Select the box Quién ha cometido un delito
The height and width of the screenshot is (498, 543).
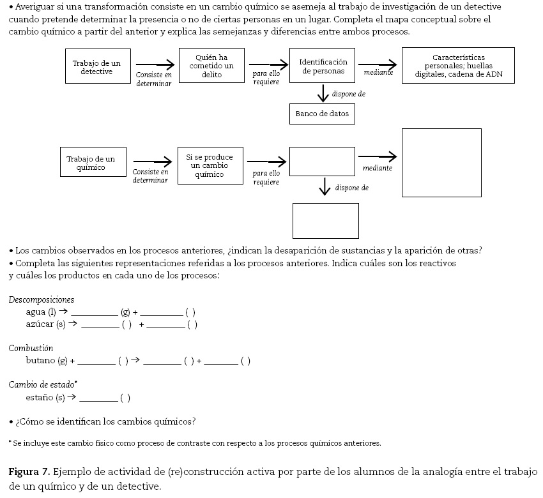click(211, 66)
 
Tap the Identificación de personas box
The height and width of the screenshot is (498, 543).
click(323, 66)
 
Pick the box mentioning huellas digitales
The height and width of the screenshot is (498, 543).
click(458, 65)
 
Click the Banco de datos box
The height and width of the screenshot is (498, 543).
click(322, 114)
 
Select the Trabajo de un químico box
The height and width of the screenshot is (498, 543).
click(93, 162)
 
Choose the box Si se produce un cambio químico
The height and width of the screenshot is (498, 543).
click(210, 165)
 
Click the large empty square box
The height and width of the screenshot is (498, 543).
click(441, 163)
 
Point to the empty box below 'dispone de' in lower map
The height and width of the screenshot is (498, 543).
click(325, 220)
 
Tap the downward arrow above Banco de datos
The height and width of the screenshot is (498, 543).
click(323, 93)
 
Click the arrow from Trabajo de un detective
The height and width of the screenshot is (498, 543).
click(155, 64)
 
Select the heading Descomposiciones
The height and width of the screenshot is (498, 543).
click(42, 299)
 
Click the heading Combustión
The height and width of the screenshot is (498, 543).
click(31, 348)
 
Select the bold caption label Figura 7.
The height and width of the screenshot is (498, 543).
click(29, 472)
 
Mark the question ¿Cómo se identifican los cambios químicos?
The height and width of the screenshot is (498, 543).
click(106, 421)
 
